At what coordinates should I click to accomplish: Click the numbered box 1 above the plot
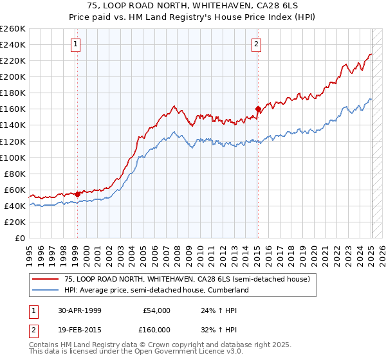(76, 44)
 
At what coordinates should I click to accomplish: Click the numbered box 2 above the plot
(256, 44)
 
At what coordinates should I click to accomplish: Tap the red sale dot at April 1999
(77, 194)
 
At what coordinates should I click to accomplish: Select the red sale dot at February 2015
(257, 109)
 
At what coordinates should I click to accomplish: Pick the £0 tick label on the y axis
(21, 238)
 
